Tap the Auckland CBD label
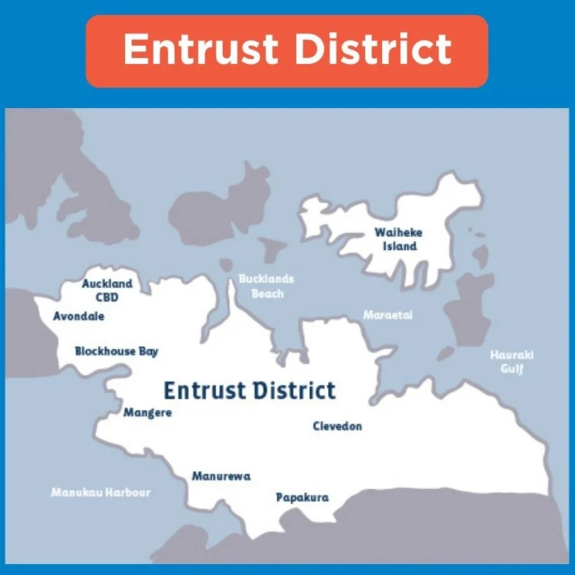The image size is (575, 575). click(107, 291)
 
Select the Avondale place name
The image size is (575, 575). click(79, 317)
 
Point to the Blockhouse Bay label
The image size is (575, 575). click(116, 351)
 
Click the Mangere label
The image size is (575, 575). click(148, 412)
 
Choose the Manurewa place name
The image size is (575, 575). click(221, 476)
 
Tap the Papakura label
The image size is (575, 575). click(302, 498)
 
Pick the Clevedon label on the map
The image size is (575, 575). click(337, 426)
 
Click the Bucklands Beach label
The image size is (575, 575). click(266, 286)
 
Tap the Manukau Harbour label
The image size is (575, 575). click(101, 492)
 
